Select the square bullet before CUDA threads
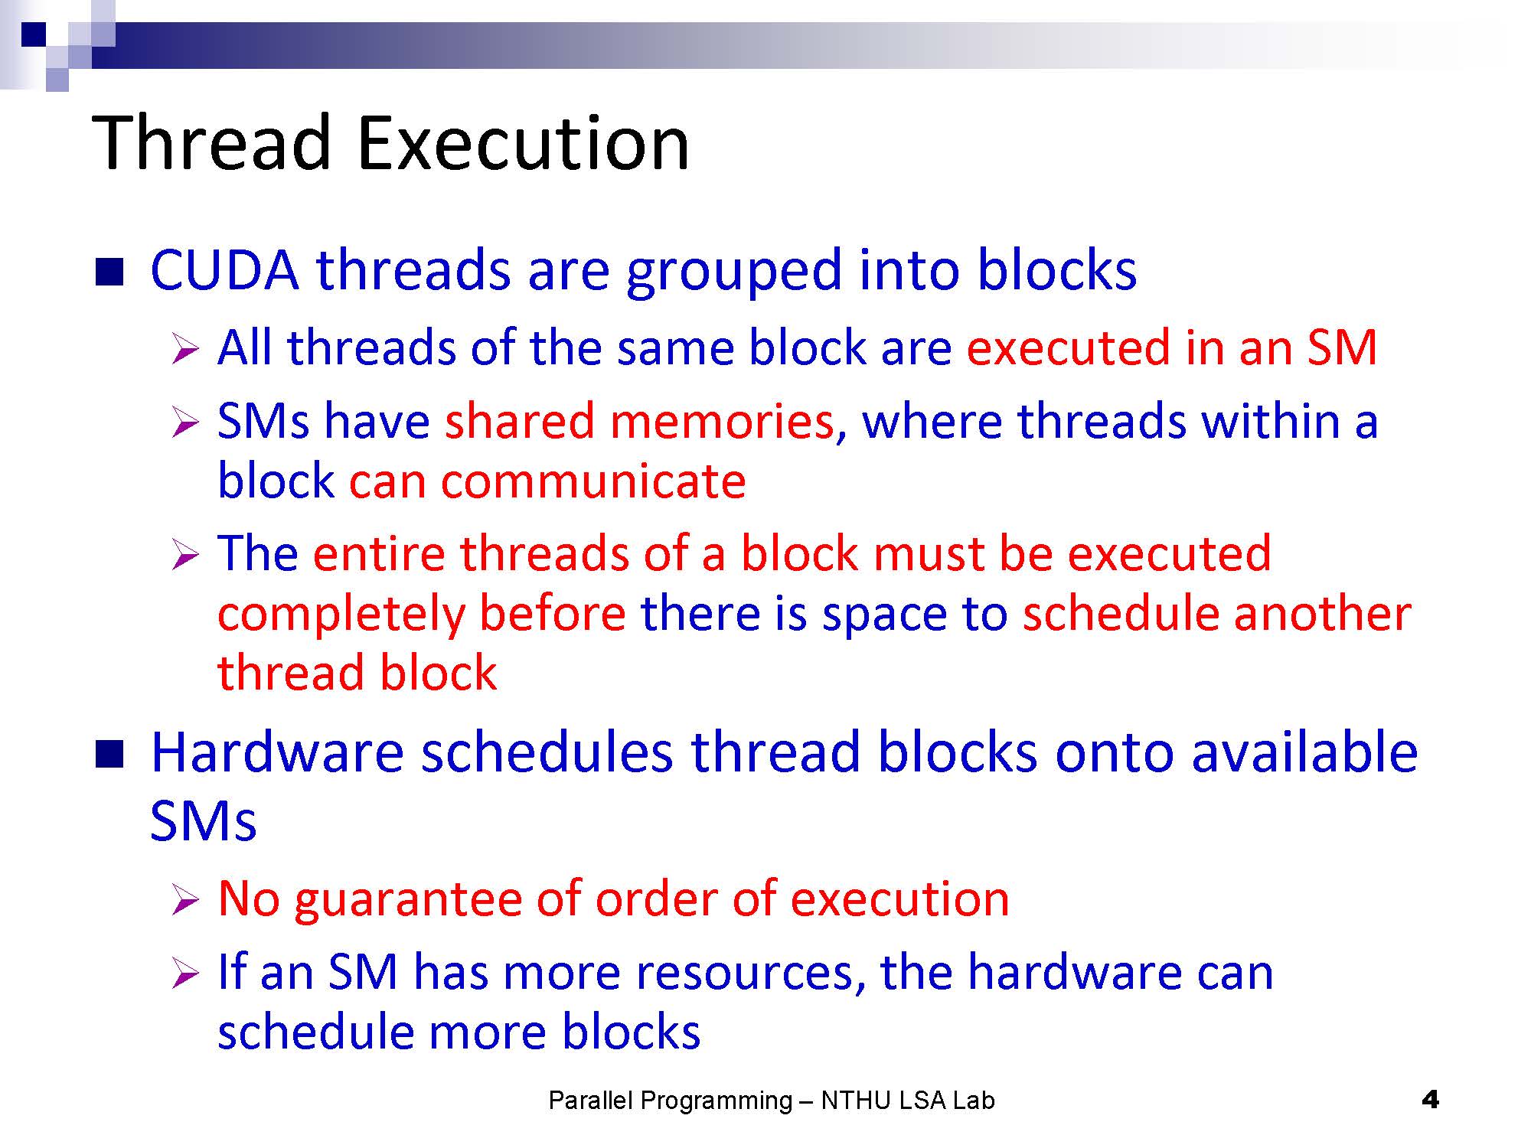[x=109, y=272]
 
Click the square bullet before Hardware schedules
[x=109, y=754]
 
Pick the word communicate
[x=592, y=481]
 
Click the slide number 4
[x=1429, y=1100]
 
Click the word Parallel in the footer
[x=591, y=1100]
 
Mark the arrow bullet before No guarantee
[x=185, y=900]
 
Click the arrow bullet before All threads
[x=185, y=349]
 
